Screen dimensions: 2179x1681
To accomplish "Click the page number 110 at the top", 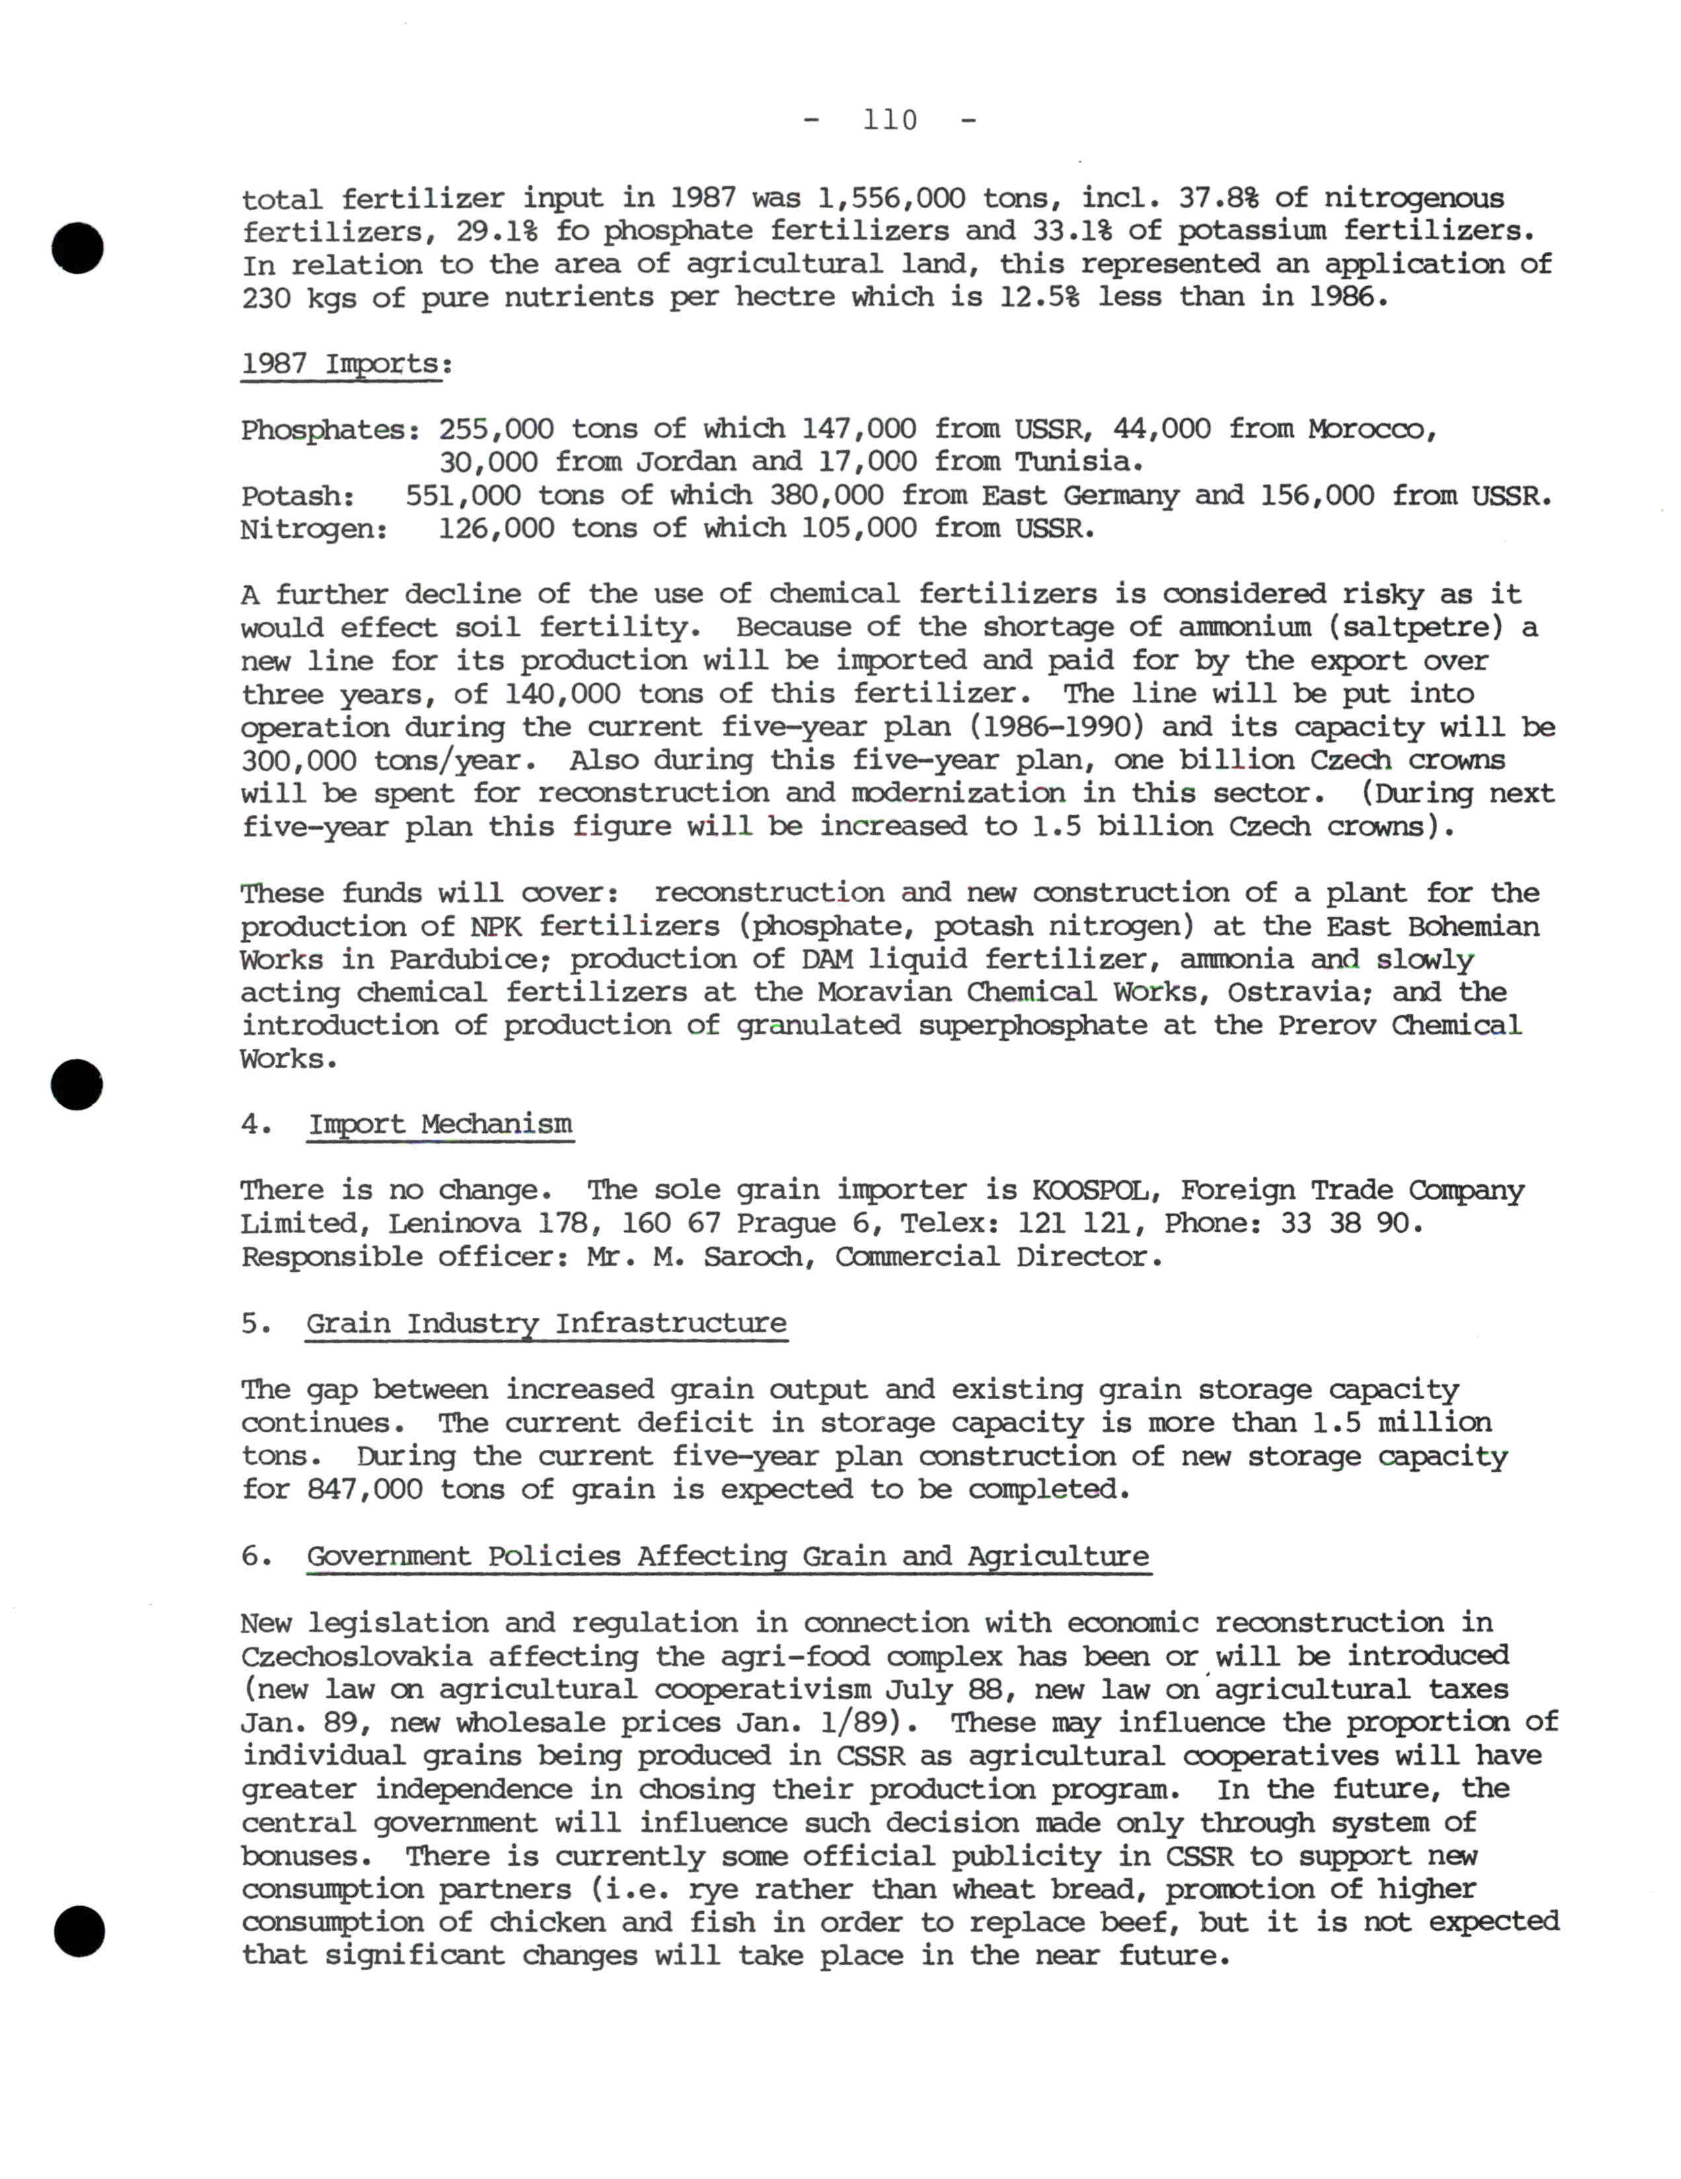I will (x=890, y=121).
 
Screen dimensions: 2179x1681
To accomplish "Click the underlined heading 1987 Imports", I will (x=344, y=363).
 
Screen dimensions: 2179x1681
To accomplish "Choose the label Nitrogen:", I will (x=313, y=529).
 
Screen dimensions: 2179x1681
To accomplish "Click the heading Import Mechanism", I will (x=440, y=1124).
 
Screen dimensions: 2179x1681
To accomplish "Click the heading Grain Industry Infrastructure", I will (x=546, y=1323).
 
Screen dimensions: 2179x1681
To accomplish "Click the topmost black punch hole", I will (x=78, y=249).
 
